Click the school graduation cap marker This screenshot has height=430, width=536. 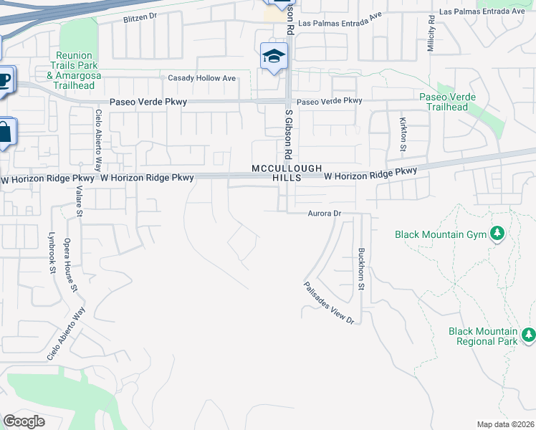[273, 56]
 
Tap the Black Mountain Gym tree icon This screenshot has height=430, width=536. [496, 234]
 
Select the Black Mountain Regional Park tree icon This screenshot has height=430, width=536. [529, 335]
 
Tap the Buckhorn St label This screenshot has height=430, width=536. [361, 269]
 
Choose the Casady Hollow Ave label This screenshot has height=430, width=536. [201, 78]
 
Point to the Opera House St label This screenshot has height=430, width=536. [70, 264]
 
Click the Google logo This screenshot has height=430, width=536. [24, 421]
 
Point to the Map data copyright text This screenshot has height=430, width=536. [505, 424]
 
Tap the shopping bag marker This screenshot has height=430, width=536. [4, 133]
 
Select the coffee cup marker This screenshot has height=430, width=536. [4, 79]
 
